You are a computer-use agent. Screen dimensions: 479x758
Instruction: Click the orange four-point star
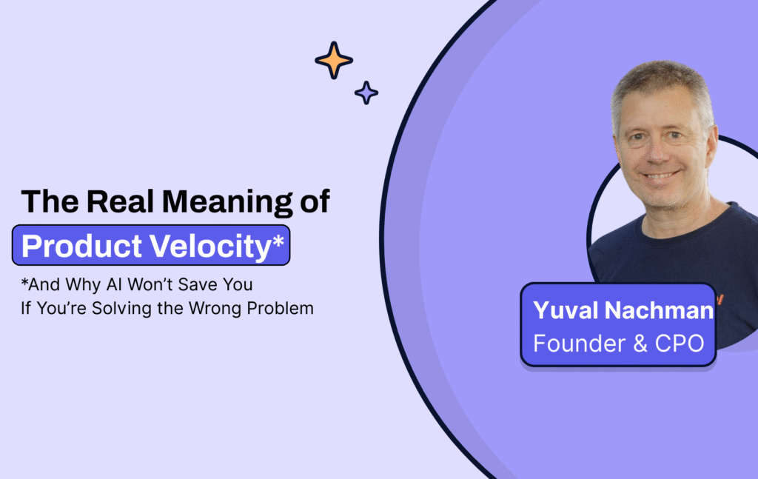coord(334,60)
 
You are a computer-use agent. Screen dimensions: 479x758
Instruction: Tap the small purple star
coord(366,93)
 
